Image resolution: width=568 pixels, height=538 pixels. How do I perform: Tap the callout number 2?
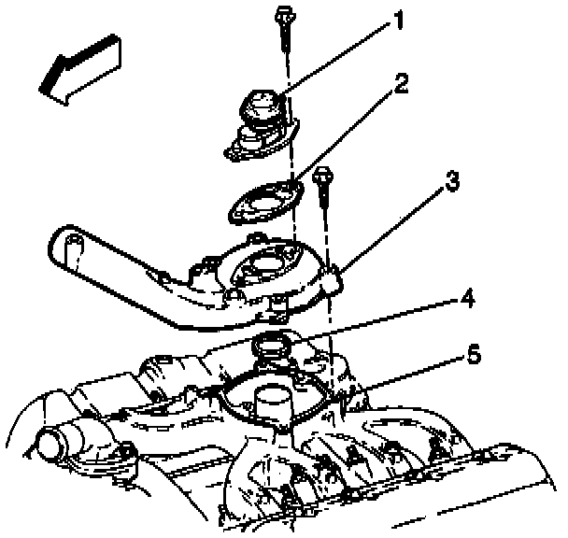(400, 85)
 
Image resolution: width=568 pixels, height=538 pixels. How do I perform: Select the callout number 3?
(451, 182)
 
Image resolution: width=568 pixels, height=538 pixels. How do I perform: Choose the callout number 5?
(473, 355)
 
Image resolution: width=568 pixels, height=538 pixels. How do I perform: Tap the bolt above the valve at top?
(282, 37)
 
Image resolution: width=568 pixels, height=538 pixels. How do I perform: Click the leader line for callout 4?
(374, 319)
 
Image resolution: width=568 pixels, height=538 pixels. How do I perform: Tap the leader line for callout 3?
(392, 229)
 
